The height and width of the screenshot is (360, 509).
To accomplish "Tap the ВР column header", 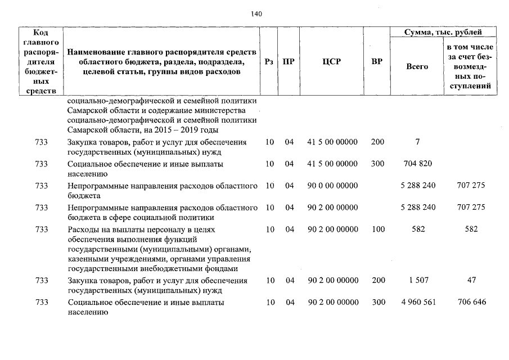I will coord(377,62).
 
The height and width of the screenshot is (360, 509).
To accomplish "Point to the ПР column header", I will coord(288,62).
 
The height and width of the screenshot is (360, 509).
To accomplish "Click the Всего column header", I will coord(417,66).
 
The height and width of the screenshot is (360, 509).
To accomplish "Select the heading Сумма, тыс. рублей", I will coord(443,33).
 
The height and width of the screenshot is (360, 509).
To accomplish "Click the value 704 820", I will coord(418,164).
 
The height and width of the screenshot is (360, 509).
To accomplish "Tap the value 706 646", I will coord(471,302).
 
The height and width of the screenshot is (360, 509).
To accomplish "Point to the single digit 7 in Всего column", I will coord(417,142).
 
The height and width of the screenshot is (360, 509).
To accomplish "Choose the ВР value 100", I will coord(378,229).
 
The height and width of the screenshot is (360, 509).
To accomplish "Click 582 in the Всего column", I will coord(418,229).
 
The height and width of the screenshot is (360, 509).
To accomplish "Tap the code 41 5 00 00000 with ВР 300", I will coord(333,164).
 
